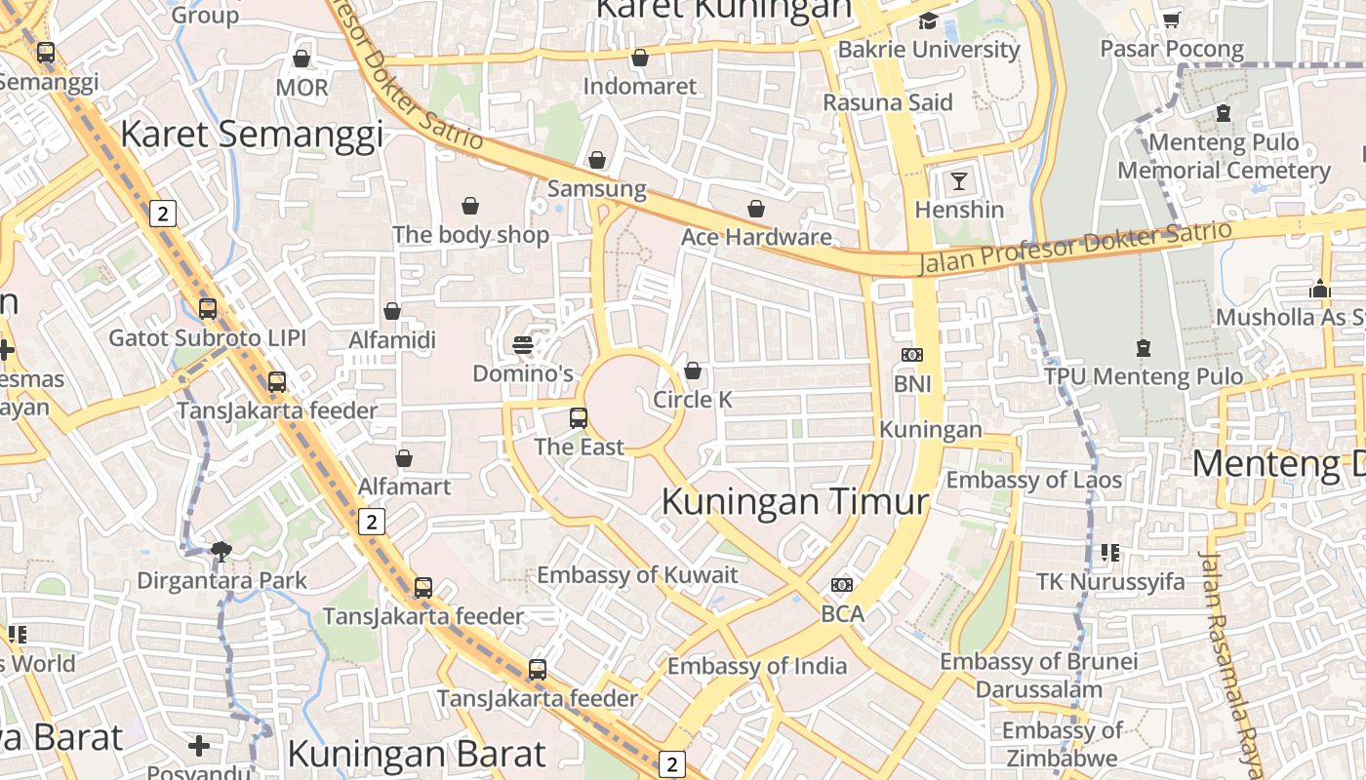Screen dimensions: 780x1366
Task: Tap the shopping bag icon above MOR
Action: point(301,58)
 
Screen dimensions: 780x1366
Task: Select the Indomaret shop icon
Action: point(640,58)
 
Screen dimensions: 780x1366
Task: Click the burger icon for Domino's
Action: point(523,344)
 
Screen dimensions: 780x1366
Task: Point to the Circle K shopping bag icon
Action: point(693,370)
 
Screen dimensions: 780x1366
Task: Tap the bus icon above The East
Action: point(579,418)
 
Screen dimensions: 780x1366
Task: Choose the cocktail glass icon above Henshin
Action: point(959,180)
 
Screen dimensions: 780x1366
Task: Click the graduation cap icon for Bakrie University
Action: point(928,20)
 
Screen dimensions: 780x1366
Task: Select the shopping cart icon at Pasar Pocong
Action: point(1172,19)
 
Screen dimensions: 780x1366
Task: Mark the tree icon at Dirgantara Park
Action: point(222,552)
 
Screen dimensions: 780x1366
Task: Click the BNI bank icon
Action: point(912,355)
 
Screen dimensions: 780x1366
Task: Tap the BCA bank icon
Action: point(842,585)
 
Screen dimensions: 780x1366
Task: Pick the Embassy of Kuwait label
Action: point(637,574)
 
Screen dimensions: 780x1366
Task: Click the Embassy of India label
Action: point(757,667)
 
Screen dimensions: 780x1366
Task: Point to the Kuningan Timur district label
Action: point(795,502)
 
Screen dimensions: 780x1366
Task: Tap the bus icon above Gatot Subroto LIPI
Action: point(208,309)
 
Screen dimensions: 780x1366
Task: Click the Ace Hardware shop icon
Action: point(756,209)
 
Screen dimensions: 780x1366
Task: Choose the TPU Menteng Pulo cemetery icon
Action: point(1144,347)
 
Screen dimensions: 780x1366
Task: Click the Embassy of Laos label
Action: point(1034,480)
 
